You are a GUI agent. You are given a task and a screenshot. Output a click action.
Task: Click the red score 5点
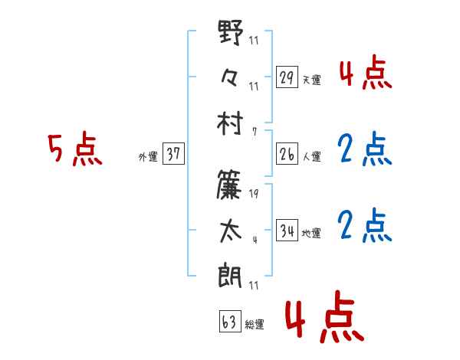point(74,149)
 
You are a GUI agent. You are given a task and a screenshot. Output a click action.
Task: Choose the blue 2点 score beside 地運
point(364,225)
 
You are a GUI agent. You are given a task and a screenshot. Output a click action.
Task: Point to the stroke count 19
point(254,195)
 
